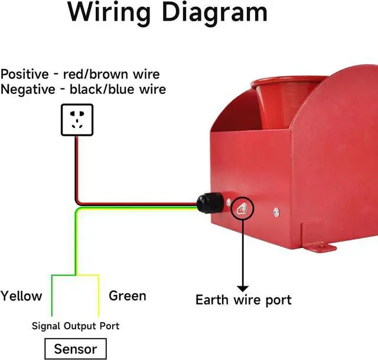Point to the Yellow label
(x=21, y=296)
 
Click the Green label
(x=128, y=296)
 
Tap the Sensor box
(x=75, y=349)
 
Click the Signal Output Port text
(x=75, y=326)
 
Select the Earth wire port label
(x=243, y=300)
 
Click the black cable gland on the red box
(x=208, y=204)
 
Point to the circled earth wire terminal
(x=242, y=208)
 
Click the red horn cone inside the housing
(x=278, y=103)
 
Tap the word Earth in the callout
(x=213, y=300)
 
